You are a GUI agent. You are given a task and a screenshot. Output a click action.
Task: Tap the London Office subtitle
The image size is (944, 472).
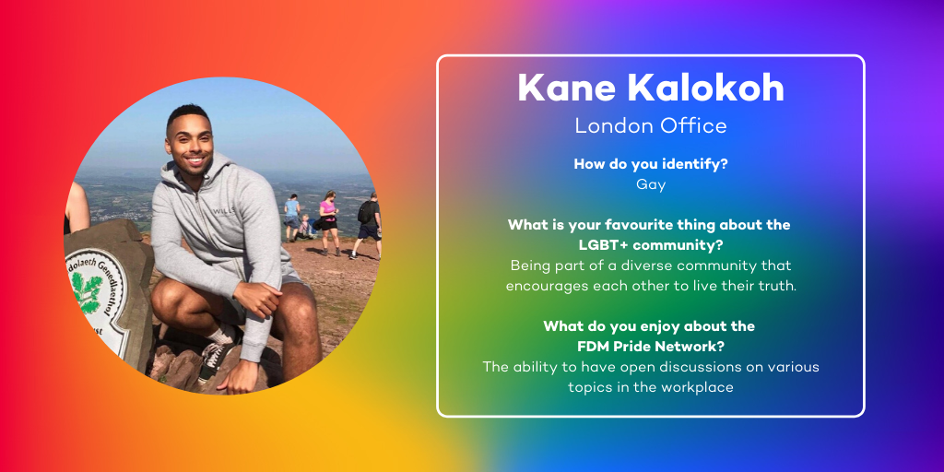point(651,125)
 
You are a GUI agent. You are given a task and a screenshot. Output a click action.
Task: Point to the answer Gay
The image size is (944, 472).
point(651,185)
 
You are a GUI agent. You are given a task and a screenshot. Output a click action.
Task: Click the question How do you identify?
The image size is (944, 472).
point(651,164)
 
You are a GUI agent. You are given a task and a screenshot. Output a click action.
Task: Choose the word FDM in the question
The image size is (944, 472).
point(593,347)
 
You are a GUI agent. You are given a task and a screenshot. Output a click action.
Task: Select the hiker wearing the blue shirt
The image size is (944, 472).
point(292,218)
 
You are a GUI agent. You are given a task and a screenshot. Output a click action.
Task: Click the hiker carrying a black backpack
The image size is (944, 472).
point(367,225)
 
